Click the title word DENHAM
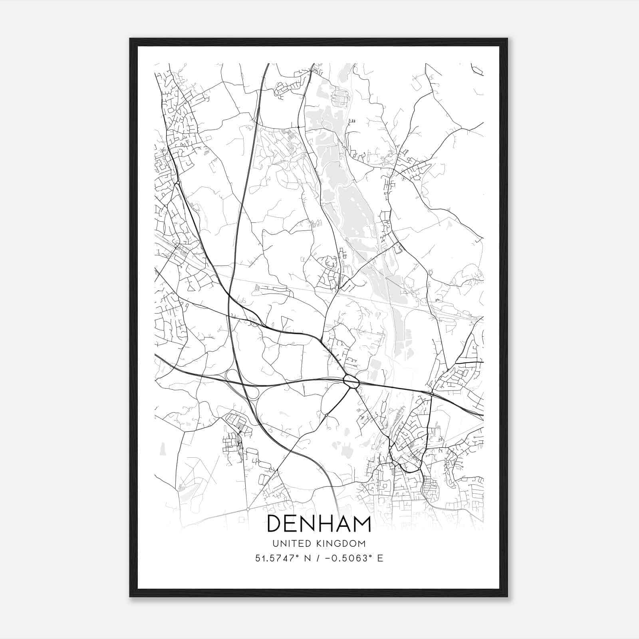coord(319,524)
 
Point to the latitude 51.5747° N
coord(283,558)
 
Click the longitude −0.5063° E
coord(355,558)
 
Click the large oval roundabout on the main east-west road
coord(351,381)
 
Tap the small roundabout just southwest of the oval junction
coord(326,415)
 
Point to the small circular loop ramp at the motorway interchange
coord(231,376)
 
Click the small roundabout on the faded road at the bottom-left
coord(248,509)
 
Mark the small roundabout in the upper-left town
coord(177,183)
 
